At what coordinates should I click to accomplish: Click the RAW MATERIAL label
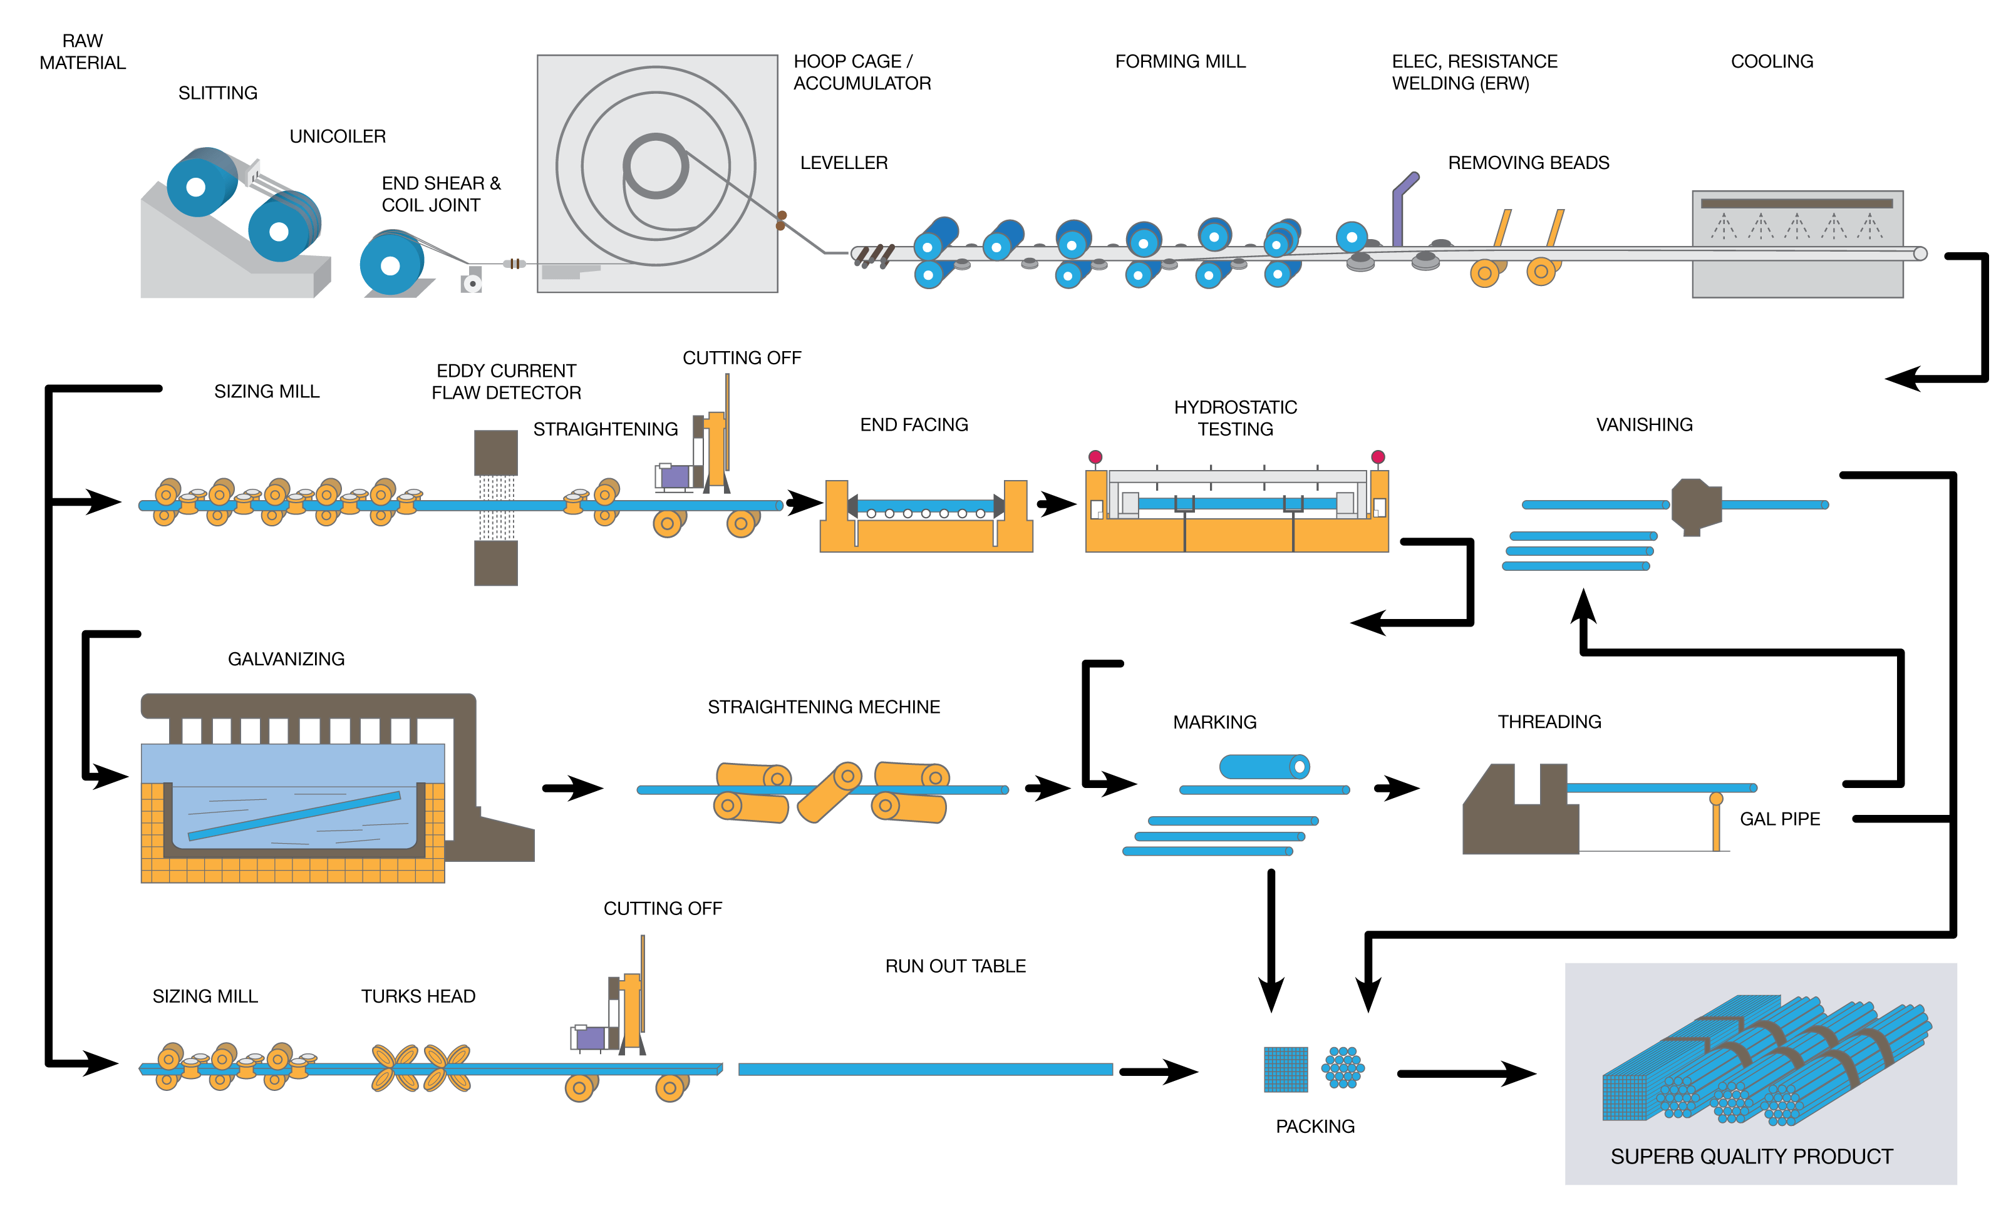tap(82, 51)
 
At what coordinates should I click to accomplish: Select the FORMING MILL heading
tap(1180, 61)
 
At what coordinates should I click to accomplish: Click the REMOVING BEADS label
tap(1528, 163)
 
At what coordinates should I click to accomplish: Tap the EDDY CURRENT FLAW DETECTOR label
tap(505, 382)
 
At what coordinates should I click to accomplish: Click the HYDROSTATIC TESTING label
tap(1235, 417)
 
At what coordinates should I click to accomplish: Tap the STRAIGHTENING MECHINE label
tap(823, 706)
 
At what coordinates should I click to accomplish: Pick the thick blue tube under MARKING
tap(1263, 767)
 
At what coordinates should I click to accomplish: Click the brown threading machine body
tap(1514, 822)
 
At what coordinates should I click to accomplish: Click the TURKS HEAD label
tap(418, 996)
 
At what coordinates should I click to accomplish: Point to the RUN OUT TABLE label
tap(955, 966)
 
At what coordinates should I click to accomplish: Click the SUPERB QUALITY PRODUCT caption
tap(1751, 1156)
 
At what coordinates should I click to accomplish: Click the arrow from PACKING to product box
tap(1466, 1073)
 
